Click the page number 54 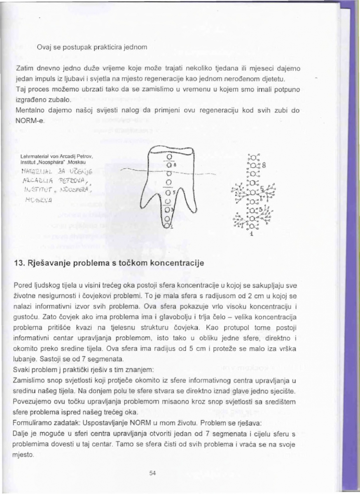[152, 473]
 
